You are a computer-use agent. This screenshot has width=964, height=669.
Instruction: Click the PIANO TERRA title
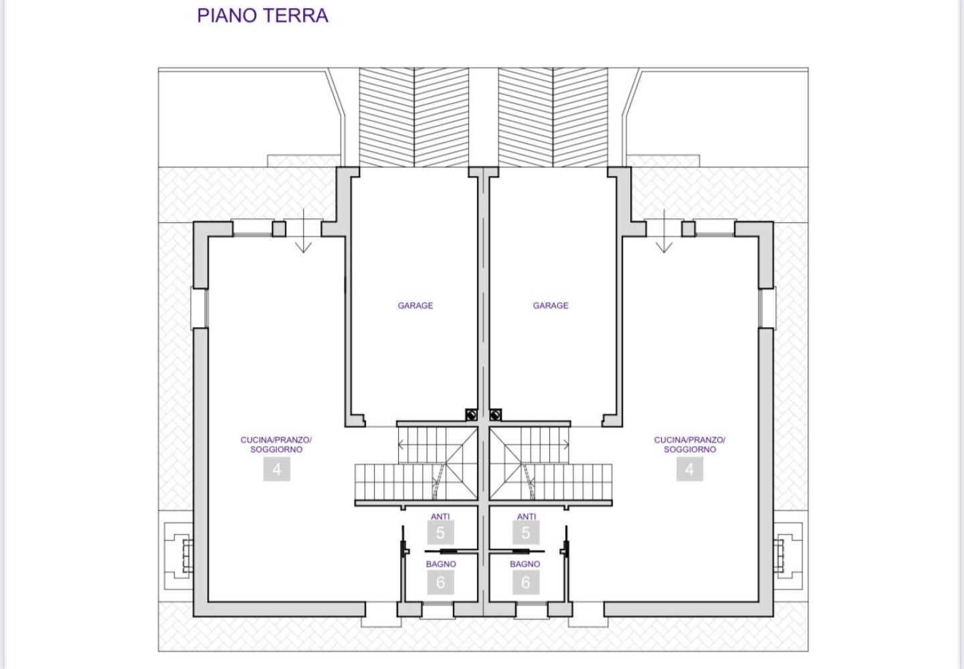pyautogui.click(x=262, y=15)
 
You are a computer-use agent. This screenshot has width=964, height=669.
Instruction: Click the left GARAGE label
pyautogui.click(x=415, y=305)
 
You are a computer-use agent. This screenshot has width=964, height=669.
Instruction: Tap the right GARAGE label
pyautogui.click(x=551, y=305)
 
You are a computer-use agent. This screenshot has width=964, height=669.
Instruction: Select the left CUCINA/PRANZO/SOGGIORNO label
pyautogui.click(x=276, y=444)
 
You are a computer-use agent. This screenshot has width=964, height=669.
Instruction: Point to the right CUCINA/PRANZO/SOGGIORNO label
pyautogui.click(x=690, y=444)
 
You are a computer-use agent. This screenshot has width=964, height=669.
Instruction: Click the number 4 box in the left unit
pyautogui.click(x=277, y=469)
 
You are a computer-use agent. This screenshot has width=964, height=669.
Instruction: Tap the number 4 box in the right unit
pyautogui.click(x=690, y=469)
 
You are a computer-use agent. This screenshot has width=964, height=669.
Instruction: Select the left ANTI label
pyautogui.click(x=440, y=516)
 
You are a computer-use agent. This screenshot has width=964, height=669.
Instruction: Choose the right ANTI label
pyautogui.click(x=526, y=516)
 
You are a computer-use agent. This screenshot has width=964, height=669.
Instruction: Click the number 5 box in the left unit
pyautogui.click(x=440, y=533)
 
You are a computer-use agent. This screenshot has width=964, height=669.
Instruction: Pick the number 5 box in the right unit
pyautogui.click(x=525, y=533)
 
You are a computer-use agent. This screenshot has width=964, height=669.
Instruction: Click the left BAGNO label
pyautogui.click(x=441, y=564)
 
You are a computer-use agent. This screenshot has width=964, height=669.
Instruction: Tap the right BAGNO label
pyautogui.click(x=525, y=564)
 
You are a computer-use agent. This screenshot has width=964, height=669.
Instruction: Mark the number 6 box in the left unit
pyautogui.click(x=440, y=583)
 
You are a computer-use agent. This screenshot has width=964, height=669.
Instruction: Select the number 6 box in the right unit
pyautogui.click(x=525, y=583)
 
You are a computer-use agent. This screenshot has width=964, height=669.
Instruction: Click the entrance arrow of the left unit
pyautogui.click(x=304, y=231)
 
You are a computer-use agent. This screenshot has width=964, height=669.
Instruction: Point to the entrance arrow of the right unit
pyautogui.click(x=664, y=231)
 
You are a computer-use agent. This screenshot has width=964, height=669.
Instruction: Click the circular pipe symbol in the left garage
pyautogui.click(x=471, y=415)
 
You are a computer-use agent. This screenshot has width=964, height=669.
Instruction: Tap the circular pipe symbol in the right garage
pyautogui.click(x=495, y=415)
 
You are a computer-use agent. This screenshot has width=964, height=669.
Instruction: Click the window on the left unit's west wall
pyautogui.click(x=199, y=308)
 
